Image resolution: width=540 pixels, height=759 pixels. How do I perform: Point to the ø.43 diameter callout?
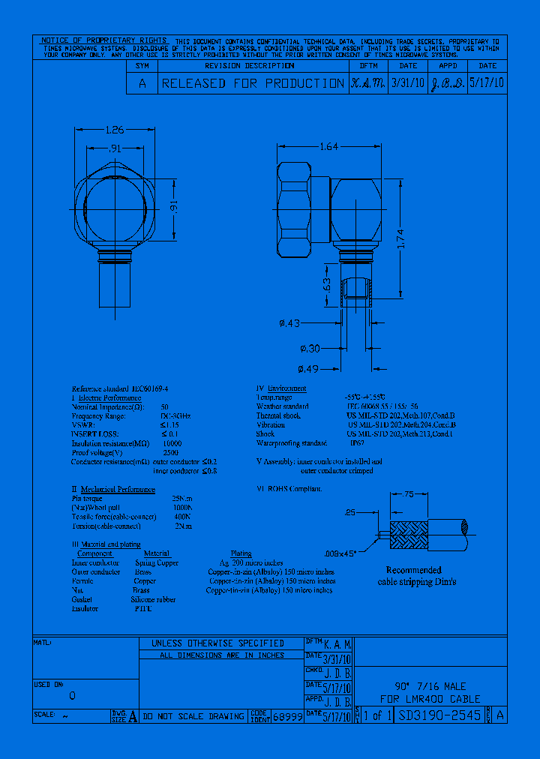pos(309,323)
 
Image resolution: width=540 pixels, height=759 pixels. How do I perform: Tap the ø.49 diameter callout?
pos(309,368)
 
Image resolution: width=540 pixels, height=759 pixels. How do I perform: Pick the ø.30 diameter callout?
pos(309,348)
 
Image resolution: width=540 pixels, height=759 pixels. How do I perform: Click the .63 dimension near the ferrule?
pos(326,286)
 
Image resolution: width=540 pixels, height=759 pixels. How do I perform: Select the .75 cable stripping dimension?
pos(430,494)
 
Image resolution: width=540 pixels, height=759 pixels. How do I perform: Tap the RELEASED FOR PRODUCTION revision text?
pos(252,84)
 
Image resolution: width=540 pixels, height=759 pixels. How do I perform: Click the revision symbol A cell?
pos(142,84)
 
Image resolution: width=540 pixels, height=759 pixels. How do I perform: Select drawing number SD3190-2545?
pos(440,715)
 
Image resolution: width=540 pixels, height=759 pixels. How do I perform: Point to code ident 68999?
pos(288,716)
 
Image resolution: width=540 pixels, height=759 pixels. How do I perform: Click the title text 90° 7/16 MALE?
pos(430,686)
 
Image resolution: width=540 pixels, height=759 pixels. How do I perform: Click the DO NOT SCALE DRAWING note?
pos(193,716)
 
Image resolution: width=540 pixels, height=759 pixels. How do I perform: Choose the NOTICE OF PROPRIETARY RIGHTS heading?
pos(104,40)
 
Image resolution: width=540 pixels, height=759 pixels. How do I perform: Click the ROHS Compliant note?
pos(289,488)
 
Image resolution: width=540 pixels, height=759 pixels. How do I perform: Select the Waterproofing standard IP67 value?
pos(355,443)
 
